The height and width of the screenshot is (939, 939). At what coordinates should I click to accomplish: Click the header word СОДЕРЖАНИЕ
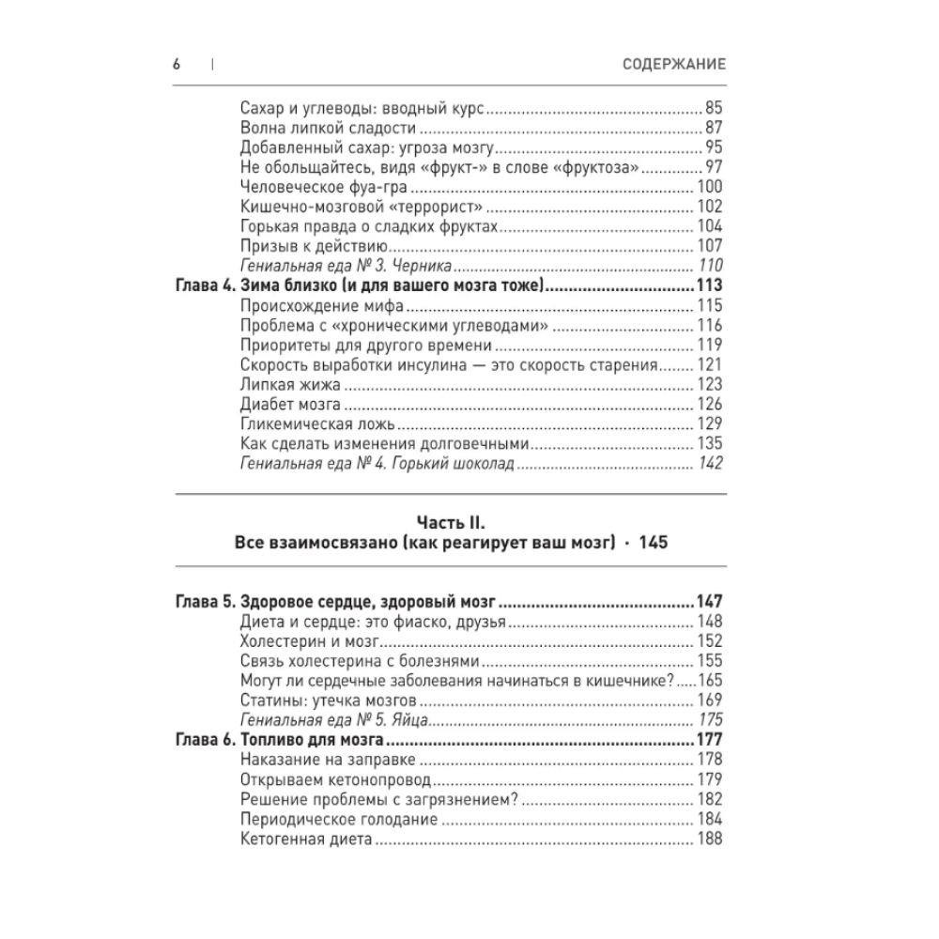pyautogui.click(x=674, y=64)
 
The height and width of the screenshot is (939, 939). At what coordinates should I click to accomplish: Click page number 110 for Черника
pyautogui.click(x=708, y=266)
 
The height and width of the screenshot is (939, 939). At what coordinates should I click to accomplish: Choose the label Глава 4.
pyautogui.click(x=204, y=286)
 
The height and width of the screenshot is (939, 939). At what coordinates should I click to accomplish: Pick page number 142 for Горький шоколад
pyautogui.click(x=708, y=464)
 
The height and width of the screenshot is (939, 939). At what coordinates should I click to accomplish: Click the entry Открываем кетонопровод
pyautogui.click(x=336, y=779)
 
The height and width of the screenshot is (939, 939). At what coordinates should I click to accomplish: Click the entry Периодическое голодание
pyautogui.click(x=339, y=819)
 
